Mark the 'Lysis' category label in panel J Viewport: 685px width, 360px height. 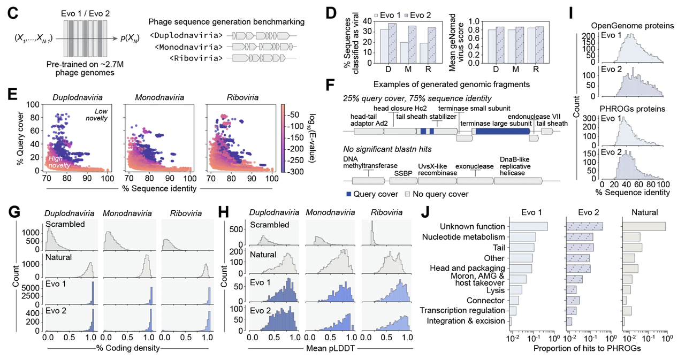[495, 289]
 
